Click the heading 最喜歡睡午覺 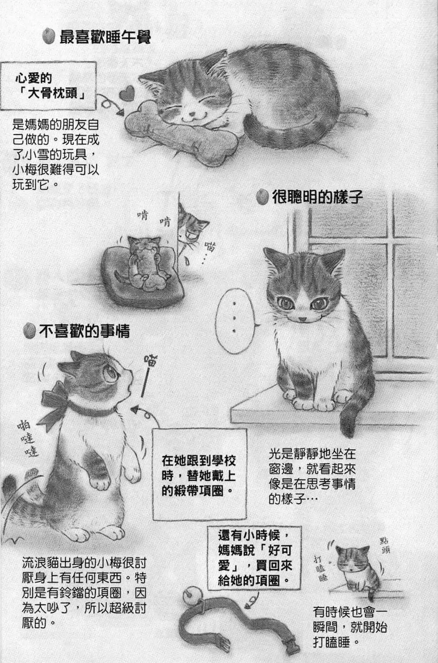[105, 37]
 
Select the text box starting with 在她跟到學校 [198, 475]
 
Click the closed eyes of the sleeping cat [188, 103]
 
